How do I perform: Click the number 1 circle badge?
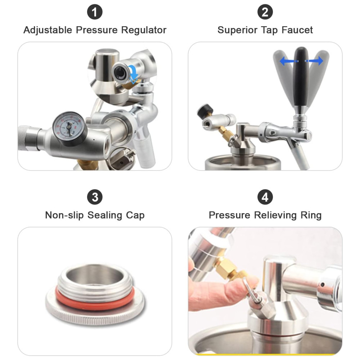(95, 12)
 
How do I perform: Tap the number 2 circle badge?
(265, 12)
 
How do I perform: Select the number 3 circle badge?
(95, 197)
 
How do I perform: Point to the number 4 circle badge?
(265, 197)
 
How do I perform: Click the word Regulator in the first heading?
(144, 30)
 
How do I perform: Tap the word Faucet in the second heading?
(297, 30)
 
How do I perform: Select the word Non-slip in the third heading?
(64, 215)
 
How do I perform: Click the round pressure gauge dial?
(69, 129)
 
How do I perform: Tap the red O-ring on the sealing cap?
(95, 299)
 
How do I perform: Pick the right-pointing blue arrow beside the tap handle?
(314, 61)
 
